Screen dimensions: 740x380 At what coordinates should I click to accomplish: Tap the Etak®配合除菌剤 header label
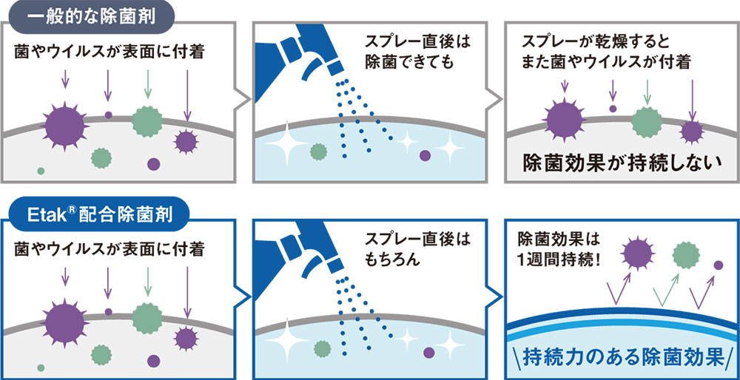tap(97, 214)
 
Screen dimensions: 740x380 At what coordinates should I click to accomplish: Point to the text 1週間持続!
tap(560, 259)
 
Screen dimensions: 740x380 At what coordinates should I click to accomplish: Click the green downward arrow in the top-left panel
tap(148, 84)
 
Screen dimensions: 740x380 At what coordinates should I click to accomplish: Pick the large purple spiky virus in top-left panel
tap(64, 126)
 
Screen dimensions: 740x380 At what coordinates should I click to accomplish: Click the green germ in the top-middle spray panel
tap(318, 152)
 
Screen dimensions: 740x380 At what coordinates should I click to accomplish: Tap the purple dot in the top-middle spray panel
tap(425, 155)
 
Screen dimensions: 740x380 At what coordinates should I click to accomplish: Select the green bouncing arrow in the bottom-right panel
tap(666, 289)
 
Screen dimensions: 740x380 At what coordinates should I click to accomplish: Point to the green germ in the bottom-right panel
tap(686, 255)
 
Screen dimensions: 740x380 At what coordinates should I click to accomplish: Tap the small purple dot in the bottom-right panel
tap(719, 265)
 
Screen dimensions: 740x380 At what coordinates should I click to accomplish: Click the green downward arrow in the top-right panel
tap(647, 92)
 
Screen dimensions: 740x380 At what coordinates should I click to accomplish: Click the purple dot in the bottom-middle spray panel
tap(429, 353)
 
